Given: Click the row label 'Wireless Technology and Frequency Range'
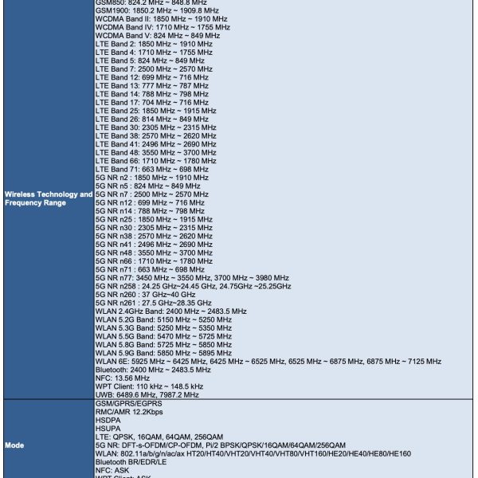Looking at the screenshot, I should pos(48,198).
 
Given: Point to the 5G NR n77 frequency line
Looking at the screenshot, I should pos(191,277).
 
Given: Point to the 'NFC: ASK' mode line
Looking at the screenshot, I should pos(115,469).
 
